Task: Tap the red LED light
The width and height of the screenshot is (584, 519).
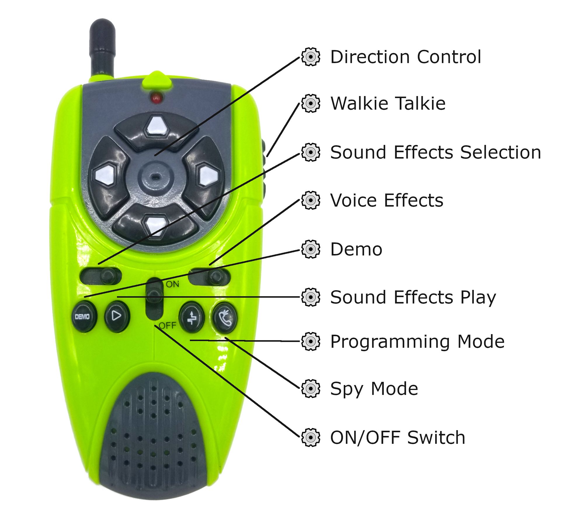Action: point(157,97)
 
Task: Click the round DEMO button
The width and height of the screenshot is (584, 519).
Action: point(84,316)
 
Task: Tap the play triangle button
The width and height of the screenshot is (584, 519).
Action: point(117,316)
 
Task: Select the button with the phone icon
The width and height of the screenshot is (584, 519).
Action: point(224,318)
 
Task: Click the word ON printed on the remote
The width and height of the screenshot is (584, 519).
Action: point(172,284)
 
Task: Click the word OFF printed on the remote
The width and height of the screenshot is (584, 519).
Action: point(168,325)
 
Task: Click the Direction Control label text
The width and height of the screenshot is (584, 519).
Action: point(406,57)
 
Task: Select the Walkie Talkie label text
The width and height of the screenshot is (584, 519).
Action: point(388,103)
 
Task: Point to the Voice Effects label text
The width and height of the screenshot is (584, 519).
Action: point(387,201)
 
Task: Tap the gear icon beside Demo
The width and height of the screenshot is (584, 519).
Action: point(311,249)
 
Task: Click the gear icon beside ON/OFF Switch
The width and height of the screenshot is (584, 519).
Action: point(311,437)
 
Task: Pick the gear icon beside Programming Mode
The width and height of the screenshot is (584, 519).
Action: point(311,341)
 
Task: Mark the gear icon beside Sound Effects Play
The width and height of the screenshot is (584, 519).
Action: point(311,297)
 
